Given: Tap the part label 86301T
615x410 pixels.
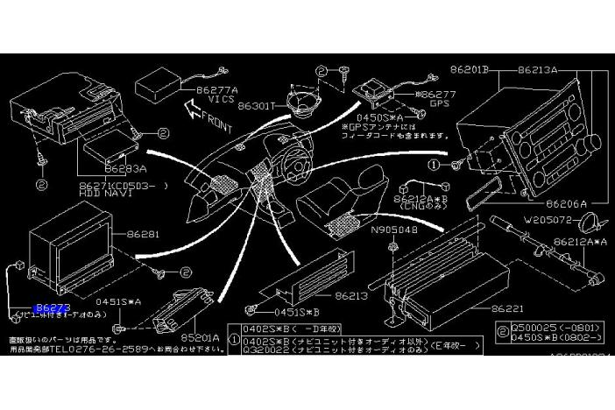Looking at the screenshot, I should click(x=258, y=106).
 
